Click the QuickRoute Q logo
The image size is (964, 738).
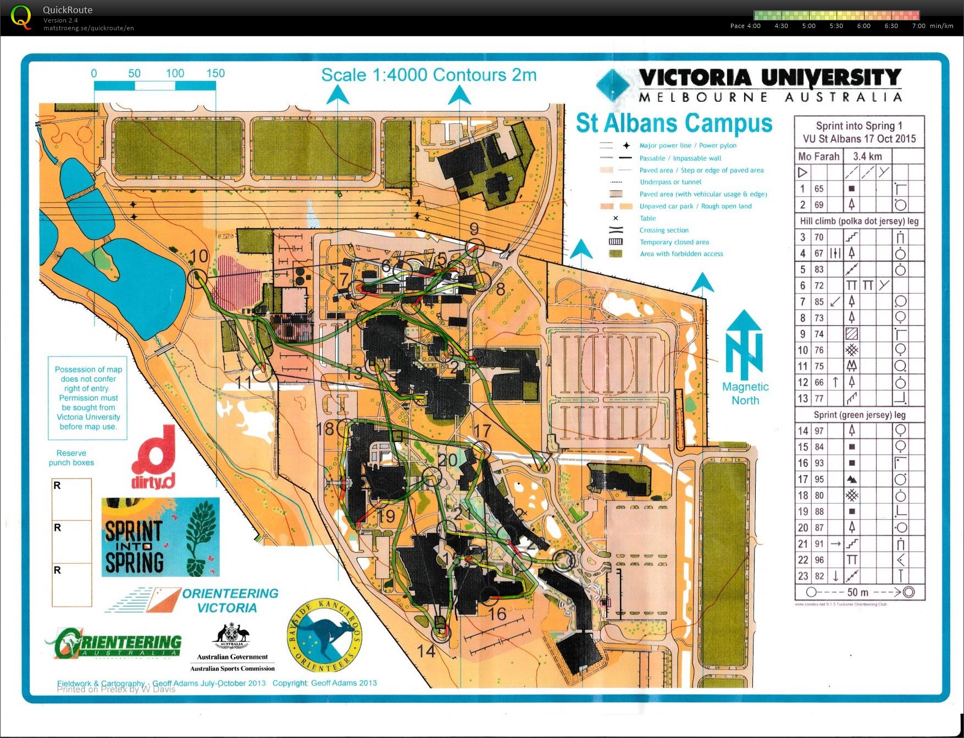tap(21, 16)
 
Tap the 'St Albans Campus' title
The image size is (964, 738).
tap(674, 123)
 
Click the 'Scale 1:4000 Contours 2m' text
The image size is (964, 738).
tap(429, 75)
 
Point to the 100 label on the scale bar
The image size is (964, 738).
tap(175, 73)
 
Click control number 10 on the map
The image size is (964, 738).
tap(199, 256)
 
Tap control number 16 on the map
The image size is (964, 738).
tap(497, 614)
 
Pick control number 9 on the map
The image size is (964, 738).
tap(474, 229)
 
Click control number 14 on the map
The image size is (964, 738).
tap(426, 651)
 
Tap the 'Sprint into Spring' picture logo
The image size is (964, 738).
tap(160, 537)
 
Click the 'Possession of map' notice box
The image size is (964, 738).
tap(88, 398)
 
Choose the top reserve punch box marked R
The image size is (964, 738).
tap(72, 499)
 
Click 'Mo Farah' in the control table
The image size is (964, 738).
tap(818, 156)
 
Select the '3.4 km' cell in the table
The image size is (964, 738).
tap(867, 156)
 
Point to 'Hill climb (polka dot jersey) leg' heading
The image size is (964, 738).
tap(859, 221)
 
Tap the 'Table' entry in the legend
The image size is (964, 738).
tap(647, 218)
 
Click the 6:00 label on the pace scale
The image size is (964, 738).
tap(863, 26)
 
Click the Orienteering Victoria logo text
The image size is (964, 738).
tap(229, 601)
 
